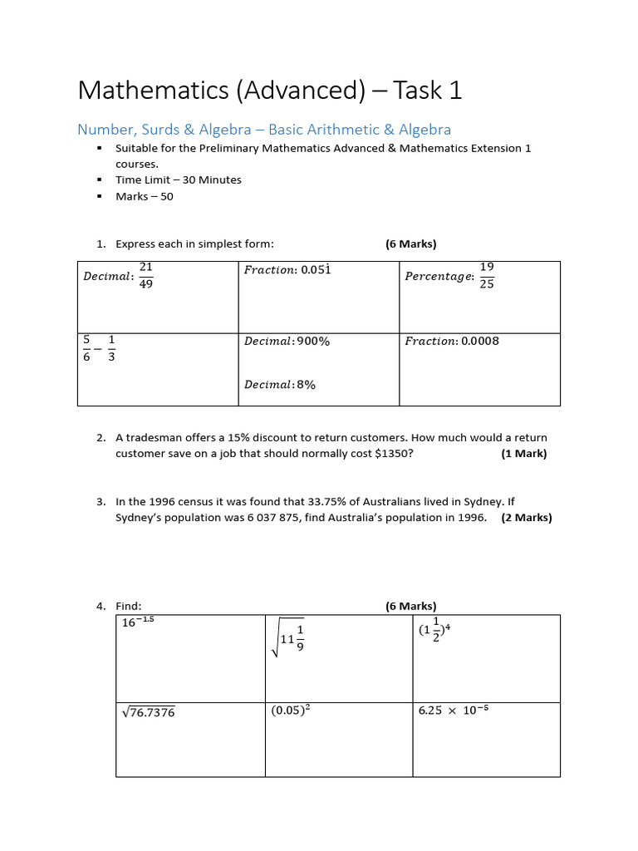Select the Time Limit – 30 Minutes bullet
click(179, 180)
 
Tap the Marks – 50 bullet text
click(145, 196)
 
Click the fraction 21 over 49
click(146, 275)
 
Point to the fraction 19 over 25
click(487, 275)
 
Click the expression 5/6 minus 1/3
click(99, 347)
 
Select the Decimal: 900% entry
click(287, 341)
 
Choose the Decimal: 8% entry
click(280, 385)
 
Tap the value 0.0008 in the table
click(480, 341)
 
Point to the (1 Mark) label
click(523, 454)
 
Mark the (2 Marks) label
click(526, 518)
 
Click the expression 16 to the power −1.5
click(138, 622)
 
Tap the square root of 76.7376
click(148, 712)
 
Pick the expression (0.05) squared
click(296, 711)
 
